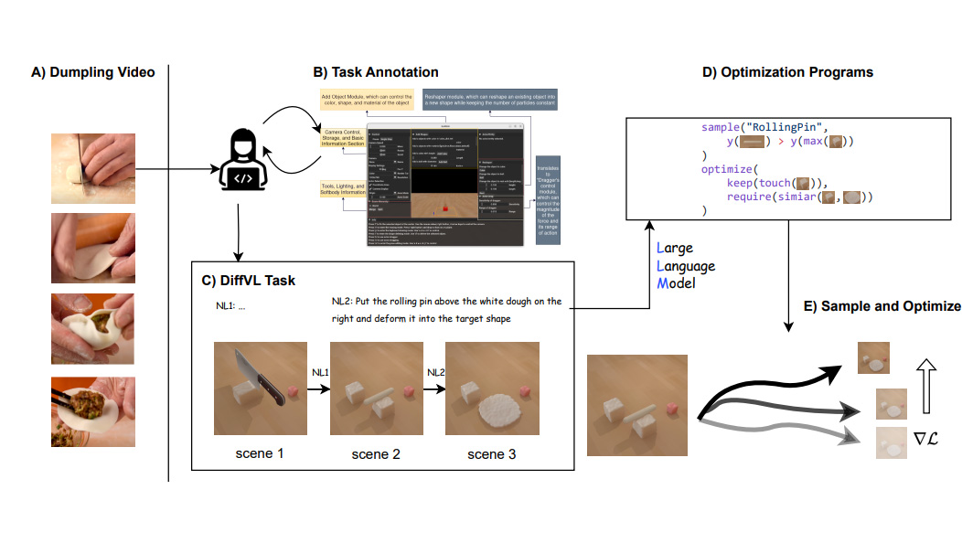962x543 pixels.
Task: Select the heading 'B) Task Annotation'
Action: (x=376, y=72)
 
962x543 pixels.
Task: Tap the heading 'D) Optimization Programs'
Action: (x=787, y=72)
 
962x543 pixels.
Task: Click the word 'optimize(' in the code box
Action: (x=730, y=169)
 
